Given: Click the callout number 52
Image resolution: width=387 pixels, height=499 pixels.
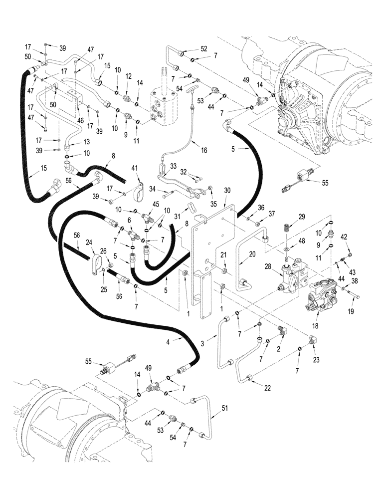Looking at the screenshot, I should click(x=203, y=49).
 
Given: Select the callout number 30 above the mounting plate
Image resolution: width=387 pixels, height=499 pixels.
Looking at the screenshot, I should click(x=227, y=190).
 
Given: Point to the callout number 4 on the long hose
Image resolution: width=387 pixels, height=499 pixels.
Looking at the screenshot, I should click(x=168, y=341).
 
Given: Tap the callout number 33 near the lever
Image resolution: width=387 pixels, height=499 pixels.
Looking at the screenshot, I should click(x=173, y=166).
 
